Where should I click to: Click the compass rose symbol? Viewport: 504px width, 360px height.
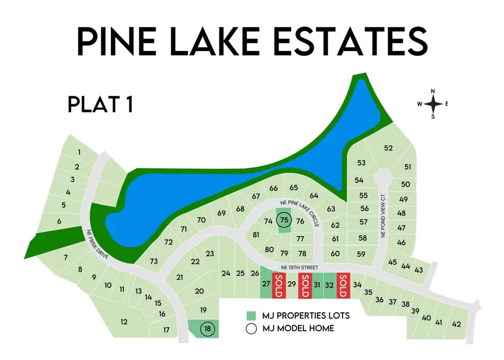pyautogui.click(x=432, y=104)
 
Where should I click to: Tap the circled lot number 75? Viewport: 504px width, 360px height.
pyautogui.click(x=284, y=221)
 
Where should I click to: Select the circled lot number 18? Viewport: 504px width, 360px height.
pyautogui.click(x=208, y=329)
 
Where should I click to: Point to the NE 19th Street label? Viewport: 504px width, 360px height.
pyautogui.click(x=290, y=268)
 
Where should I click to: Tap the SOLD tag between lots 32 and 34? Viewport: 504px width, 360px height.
pyautogui.click(x=343, y=285)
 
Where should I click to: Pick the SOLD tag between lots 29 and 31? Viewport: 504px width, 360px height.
pyautogui.click(x=305, y=285)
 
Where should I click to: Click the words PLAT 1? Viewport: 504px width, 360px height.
pyautogui.click(x=100, y=104)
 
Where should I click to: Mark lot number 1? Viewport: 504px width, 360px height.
pyautogui.click(x=80, y=152)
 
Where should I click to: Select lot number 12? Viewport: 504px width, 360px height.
pyautogui.click(x=124, y=321)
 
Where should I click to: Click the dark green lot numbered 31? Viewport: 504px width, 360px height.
pyautogui.click(x=317, y=284)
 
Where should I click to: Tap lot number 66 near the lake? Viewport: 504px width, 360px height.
pyautogui.click(x=274, y=188)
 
